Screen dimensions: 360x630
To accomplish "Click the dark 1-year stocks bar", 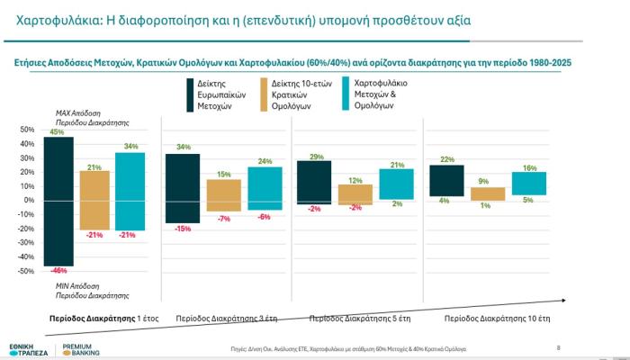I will coord(58,201).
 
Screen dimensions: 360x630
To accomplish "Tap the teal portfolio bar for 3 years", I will coord(265,188).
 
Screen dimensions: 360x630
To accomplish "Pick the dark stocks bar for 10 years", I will coord(446,180).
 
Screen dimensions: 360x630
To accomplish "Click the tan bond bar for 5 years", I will coord(355,193).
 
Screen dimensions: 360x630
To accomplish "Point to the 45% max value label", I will coord(57,132).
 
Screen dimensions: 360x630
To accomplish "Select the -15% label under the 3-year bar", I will coord(183,229).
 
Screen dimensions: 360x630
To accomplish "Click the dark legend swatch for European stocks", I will coord(178,94).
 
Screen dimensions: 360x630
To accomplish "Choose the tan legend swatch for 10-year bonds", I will coord(265,94).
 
